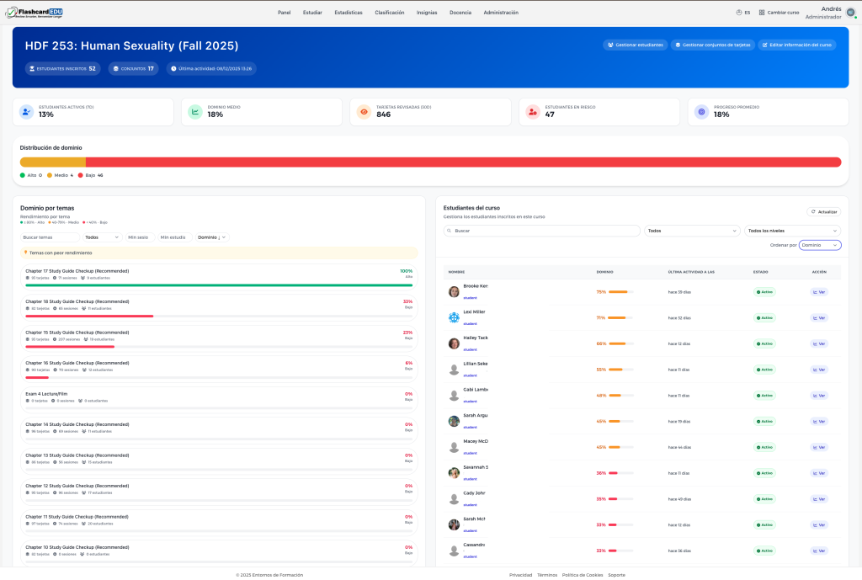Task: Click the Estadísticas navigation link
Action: pos(348,13)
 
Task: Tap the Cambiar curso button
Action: pos(779,13)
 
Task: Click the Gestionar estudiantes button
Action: pos(635,45)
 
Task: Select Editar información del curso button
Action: pos(796,45)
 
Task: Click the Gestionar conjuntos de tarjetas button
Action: pos(712,45)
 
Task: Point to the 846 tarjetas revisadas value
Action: pos(383,114)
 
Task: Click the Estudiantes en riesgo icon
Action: pos(532,112)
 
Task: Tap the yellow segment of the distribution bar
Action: pos(53,162)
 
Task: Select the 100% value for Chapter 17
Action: pos(406,271)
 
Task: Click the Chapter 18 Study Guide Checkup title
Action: pos(77,301)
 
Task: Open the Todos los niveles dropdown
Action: pos(792,230)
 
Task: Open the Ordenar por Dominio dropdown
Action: pos(820,245)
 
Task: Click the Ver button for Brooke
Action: pos(819,292)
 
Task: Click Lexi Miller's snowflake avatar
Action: pos(454,317)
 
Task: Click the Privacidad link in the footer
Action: pos(520,575)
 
